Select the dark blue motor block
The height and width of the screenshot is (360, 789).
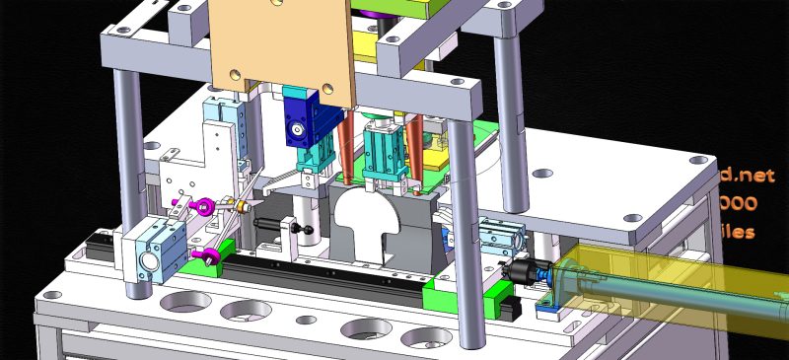point(300,128)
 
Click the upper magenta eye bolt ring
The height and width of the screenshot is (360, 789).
point(204,206)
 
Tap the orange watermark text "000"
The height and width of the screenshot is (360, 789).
point(740,204)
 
